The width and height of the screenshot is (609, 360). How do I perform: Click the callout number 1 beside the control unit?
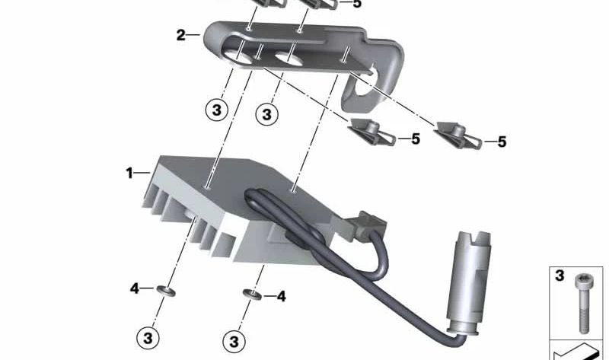129,174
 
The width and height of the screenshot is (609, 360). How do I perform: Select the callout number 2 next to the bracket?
180,35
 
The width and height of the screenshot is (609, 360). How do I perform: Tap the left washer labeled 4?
166,290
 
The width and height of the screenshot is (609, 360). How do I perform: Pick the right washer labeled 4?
250,294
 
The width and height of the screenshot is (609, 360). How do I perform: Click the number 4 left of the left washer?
134,288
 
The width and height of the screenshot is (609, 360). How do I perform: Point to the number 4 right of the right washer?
281,296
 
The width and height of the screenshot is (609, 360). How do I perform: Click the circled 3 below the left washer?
148,336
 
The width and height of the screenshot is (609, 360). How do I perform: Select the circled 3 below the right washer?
234,340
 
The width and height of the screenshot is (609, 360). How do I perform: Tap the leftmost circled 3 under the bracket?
217,110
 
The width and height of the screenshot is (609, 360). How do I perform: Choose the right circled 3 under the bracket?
266,115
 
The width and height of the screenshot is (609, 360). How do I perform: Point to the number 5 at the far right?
502,142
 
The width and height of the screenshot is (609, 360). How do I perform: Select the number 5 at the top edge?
358,4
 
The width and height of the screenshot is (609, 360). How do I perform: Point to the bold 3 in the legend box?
560,276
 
